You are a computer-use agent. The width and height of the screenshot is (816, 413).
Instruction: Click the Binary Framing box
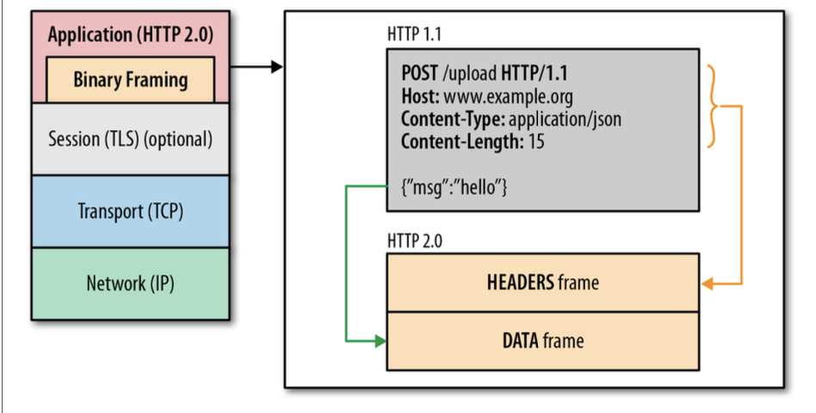pyautogui.click(x=130, y=80)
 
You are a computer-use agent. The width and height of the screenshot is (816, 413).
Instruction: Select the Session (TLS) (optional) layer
pyautogui.click(x=130, y=139)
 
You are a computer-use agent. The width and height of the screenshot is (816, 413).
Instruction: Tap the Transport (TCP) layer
pyautogui.click(x=130, y=211)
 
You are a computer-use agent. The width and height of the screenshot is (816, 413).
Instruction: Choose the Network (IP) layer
pyautogui.click(x=130, y=284)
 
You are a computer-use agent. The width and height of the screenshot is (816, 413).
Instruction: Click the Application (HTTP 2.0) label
pyautogui.click(x=130, y=35)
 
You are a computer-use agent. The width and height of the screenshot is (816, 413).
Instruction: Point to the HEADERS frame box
pyautogui.click(x=542, y=282)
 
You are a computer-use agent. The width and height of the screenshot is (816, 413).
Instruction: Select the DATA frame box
pyautogui.click(x=542, y=341)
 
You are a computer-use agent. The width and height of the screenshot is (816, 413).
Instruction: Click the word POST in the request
pyautogui.click(x=420, y=71)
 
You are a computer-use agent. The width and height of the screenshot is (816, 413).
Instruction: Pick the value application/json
pyautogui.click(x=565, y=118)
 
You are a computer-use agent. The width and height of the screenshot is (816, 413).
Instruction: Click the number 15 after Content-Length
pyautogui.click(x=536, y=141)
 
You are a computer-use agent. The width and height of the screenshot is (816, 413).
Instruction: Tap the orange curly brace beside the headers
pyautogui.click(x=714, y=106)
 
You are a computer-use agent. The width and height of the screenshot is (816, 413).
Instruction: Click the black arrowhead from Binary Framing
pyautogui.click(x=276, y=66)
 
